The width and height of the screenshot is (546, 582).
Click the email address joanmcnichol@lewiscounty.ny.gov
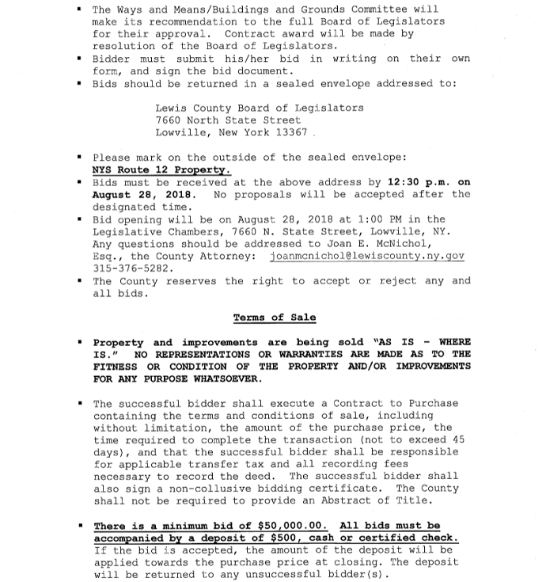366,257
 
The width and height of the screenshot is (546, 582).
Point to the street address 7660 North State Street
228,120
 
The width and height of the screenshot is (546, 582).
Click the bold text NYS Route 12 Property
161,169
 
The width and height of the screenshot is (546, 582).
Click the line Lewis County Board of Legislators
260,108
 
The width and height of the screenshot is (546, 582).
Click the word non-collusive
201,489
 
